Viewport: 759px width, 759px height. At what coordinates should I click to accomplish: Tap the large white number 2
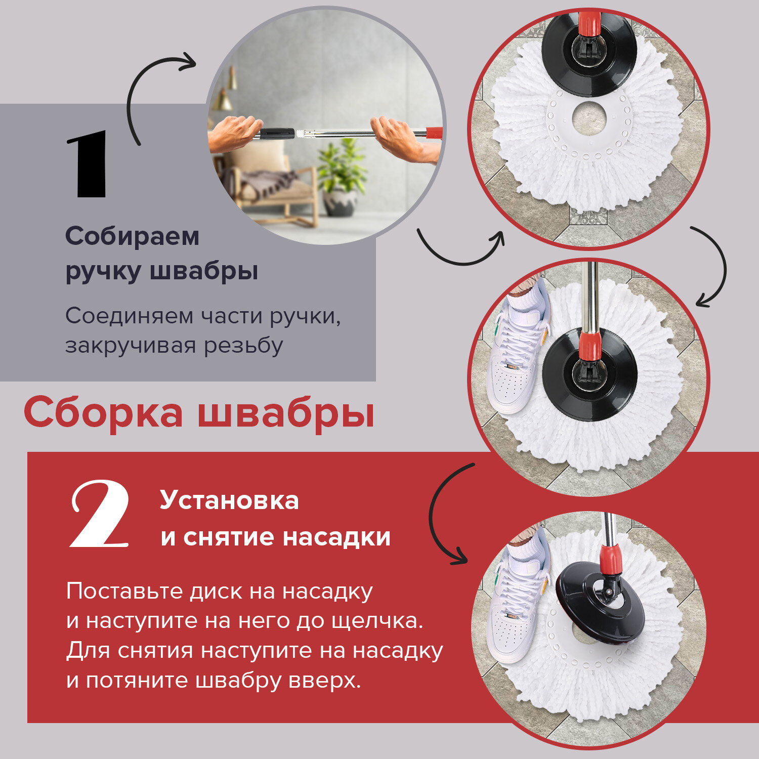(x=100, y=514)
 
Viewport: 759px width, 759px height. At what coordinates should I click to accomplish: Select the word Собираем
(x=133, y=236)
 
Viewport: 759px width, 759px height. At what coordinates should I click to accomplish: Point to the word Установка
(x=229, y=500)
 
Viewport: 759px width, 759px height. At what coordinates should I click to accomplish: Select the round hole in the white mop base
(x=589, y=118)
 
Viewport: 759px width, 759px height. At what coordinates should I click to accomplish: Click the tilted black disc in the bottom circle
(x=601, y=602)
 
